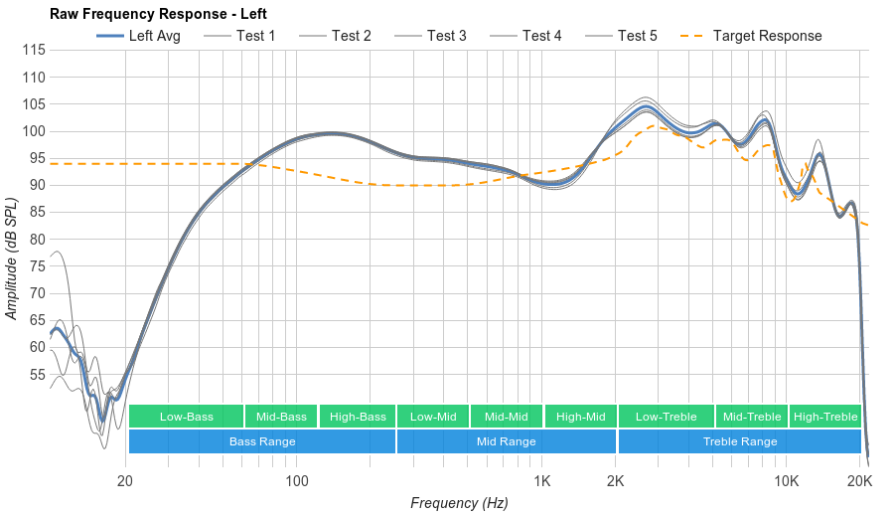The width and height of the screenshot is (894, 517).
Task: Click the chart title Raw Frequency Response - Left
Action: pyautogui.click(x=158, y=14)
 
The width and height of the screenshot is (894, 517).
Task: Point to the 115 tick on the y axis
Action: pyautogui.click(x=34, y=50)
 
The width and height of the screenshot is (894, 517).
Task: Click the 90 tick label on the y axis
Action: pyautogui.click(x=38, y=185)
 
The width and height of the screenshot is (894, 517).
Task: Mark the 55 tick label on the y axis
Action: pyautogui.click(x=38, y=375)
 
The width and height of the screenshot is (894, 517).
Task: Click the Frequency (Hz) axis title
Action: pyautogui.click(x=459, y=503)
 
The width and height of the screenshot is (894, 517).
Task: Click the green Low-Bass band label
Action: pyautogui.click(x=186, y=417)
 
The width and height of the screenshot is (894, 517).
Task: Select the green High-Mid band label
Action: pyautogui.click(x=580, y=417)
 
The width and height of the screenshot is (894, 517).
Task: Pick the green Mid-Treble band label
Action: pyautogui.click(x=751, y=417)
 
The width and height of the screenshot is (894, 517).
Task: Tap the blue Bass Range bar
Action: pyautogui.click(x=262, y=441)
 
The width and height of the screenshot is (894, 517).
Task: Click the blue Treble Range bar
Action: pyautogui.click(x=739, y=441)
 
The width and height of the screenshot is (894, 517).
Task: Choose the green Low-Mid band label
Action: pyautogui.click(x=433, y=417)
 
